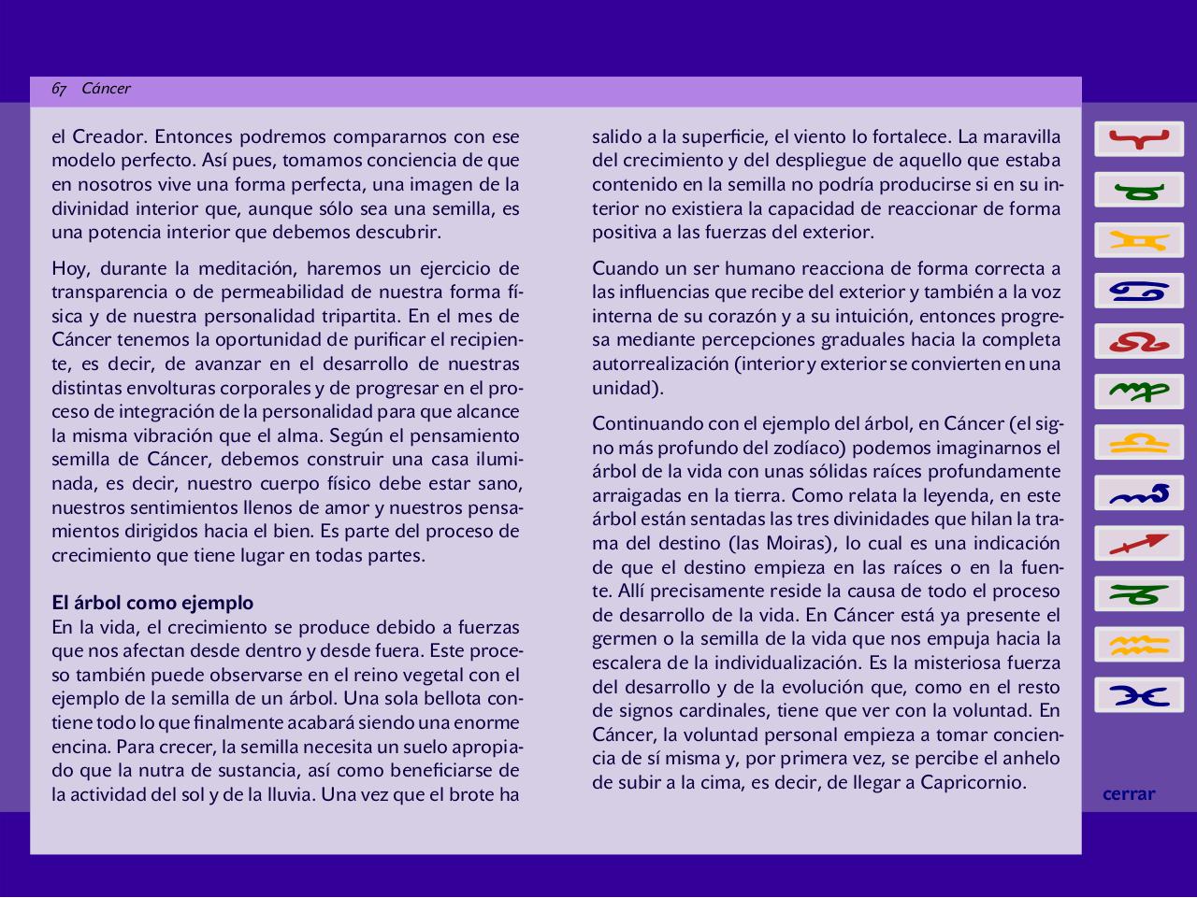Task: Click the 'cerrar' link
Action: click(1129, 794)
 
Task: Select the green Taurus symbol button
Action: click(1139, 191)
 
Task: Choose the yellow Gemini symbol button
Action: click(1139, 241)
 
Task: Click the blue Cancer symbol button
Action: click(1139, 292)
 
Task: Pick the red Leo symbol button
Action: click(1139, 342)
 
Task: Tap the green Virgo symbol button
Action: click(1139, 392)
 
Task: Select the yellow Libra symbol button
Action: click(1139, 443)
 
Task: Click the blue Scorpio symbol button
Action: click(1139, 493)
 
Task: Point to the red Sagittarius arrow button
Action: click(1139, 544)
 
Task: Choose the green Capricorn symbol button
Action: click(1139, 594)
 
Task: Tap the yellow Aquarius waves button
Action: click(1139, 645)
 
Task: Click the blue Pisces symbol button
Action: click(1139, 695)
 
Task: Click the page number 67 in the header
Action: click(59, 89)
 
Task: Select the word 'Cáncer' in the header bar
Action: click(106, 89)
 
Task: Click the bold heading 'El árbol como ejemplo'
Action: click(152, 603)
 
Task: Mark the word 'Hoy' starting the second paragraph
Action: click(69, 268)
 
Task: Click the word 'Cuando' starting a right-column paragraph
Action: click(626, 268)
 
